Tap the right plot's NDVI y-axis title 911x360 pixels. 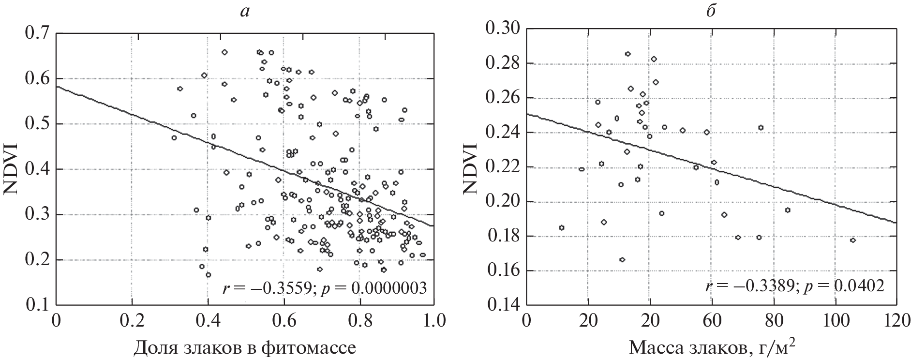tap(469, 168)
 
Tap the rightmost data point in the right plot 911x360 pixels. tap(852, 240)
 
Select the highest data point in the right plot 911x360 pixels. tap(627, 54)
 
